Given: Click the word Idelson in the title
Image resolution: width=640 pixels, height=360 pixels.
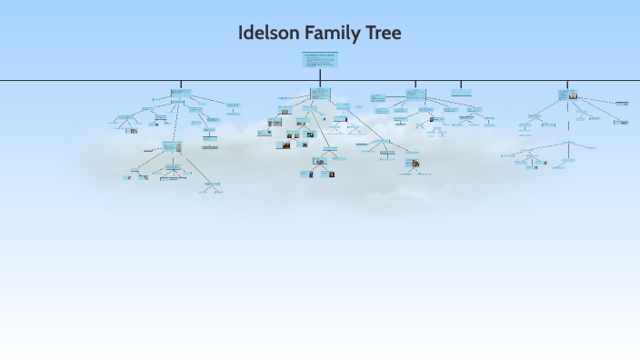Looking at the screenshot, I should (267, 34).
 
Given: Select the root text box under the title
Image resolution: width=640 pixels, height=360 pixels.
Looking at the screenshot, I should (320, 60).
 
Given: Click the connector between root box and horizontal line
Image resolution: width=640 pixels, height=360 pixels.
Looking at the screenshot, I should (320, 75).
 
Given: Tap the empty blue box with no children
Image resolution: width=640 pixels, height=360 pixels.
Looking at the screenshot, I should (461, 92).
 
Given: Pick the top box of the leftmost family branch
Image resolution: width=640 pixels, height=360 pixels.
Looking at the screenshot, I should (181, 94).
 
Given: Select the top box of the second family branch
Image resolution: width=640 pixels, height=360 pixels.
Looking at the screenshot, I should (319, 93).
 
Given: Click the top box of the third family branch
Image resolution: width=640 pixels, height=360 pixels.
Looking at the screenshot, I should (415, 95).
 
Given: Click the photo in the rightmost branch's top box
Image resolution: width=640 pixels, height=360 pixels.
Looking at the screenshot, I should (574, 95).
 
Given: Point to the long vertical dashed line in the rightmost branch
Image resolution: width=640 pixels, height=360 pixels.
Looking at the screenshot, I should (568, 123).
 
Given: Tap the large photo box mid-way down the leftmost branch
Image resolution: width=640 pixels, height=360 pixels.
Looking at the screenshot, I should (171, 146).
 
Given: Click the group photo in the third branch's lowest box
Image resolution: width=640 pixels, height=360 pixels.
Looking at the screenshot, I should (415, 164).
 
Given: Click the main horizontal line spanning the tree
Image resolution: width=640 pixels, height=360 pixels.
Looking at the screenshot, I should (91, 81).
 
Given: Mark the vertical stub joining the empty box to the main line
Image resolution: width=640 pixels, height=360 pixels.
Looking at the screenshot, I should (461, 85).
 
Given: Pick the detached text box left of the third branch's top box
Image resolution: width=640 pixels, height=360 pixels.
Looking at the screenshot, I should (378, 96).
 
